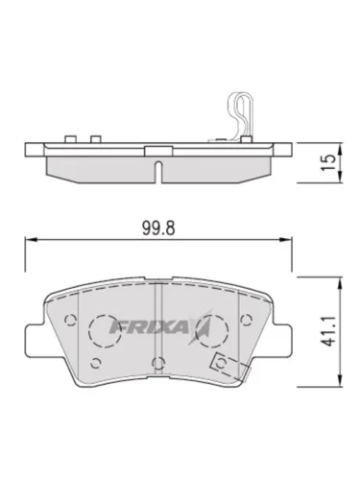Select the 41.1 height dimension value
coord(328,331)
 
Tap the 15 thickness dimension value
coord(328,162)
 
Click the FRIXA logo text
coord(148,327)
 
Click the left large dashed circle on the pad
coord(105,331)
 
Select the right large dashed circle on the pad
coord(211,331)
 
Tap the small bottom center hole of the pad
coord(158,363)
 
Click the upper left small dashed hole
coord(70,320)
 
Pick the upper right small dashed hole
coord(246,320)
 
